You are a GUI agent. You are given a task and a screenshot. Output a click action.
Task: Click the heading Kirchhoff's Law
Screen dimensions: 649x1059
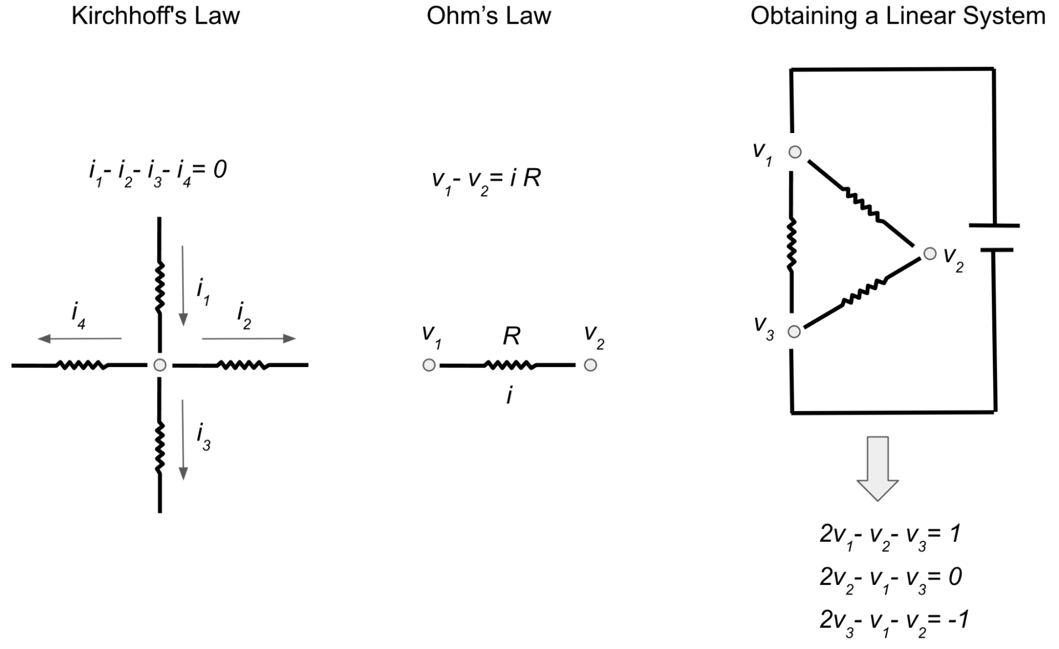155,16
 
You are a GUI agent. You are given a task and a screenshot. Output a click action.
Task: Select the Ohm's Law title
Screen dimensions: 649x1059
488,16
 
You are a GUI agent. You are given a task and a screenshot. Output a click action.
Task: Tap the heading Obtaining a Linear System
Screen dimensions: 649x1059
898,16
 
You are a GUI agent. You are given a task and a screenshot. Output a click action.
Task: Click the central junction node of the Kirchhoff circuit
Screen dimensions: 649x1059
159,365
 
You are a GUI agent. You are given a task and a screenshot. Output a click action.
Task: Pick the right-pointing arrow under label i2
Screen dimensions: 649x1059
248,339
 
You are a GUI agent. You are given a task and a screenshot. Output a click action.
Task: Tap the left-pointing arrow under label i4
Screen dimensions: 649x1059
79,339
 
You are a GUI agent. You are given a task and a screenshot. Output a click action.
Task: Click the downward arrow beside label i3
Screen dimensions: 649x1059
183,440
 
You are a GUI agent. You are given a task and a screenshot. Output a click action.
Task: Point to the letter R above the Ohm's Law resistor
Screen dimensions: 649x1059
511,336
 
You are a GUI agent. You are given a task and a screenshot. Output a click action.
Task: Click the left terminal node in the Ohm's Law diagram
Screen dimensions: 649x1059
429,365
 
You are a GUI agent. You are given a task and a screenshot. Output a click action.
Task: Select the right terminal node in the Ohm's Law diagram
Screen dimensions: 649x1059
590,365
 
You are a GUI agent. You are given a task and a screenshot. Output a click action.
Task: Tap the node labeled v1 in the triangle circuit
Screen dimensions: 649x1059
795,152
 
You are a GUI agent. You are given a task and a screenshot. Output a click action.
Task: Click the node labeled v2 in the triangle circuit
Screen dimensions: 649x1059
930,254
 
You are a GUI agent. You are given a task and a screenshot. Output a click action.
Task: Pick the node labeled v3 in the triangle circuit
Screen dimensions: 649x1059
794,332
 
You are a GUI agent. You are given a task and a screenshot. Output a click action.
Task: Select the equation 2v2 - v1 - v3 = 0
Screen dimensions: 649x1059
891,578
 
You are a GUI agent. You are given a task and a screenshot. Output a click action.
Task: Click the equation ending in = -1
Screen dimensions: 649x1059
894,620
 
